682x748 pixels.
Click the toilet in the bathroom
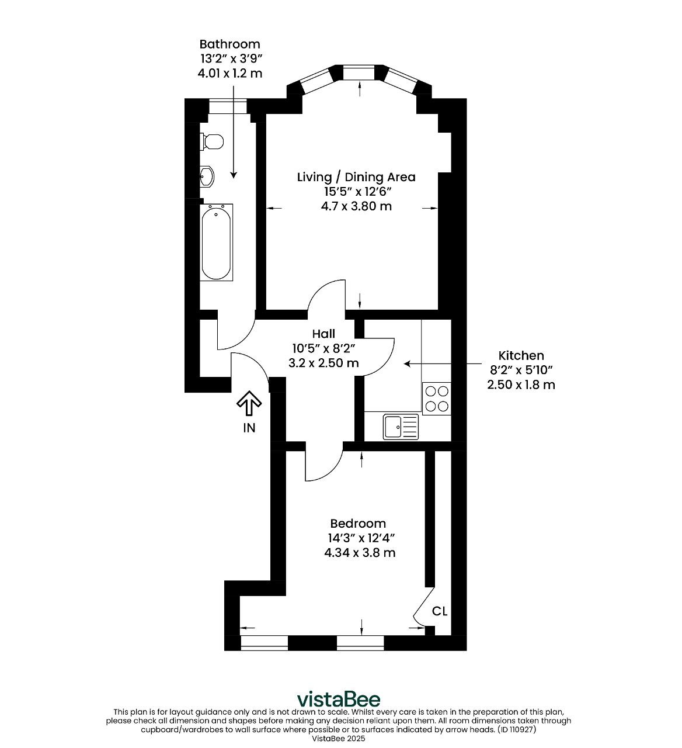point(212,141)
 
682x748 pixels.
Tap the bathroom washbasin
point(207,176)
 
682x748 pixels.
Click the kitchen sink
point(401,427)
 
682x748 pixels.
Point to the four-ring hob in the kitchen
point(437,399)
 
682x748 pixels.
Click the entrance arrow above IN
point(249,403)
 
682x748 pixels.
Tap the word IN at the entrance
point(249,428)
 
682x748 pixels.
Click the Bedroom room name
point(358,524)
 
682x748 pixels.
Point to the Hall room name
point(323,333)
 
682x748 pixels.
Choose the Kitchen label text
point(521,355)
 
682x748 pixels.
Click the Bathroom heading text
point(229,44)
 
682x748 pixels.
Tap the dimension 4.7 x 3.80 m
point(356,206)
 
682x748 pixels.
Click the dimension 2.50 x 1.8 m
point(521,385)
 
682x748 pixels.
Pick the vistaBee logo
point(339,699)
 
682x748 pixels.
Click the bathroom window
point(227,106)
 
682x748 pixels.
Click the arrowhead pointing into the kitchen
point(408,363)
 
